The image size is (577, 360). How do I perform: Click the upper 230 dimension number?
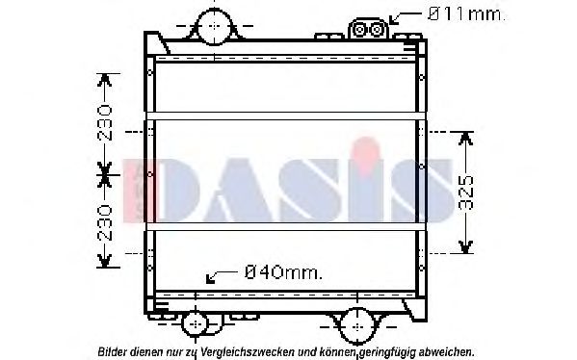tap(105, 123)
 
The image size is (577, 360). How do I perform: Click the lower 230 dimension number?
tap(105, 221)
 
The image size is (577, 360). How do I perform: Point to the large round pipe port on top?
tap(212, 26)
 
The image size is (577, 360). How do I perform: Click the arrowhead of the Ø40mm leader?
tap(210, 281)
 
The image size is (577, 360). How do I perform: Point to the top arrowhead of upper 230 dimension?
tap(105, 78)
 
